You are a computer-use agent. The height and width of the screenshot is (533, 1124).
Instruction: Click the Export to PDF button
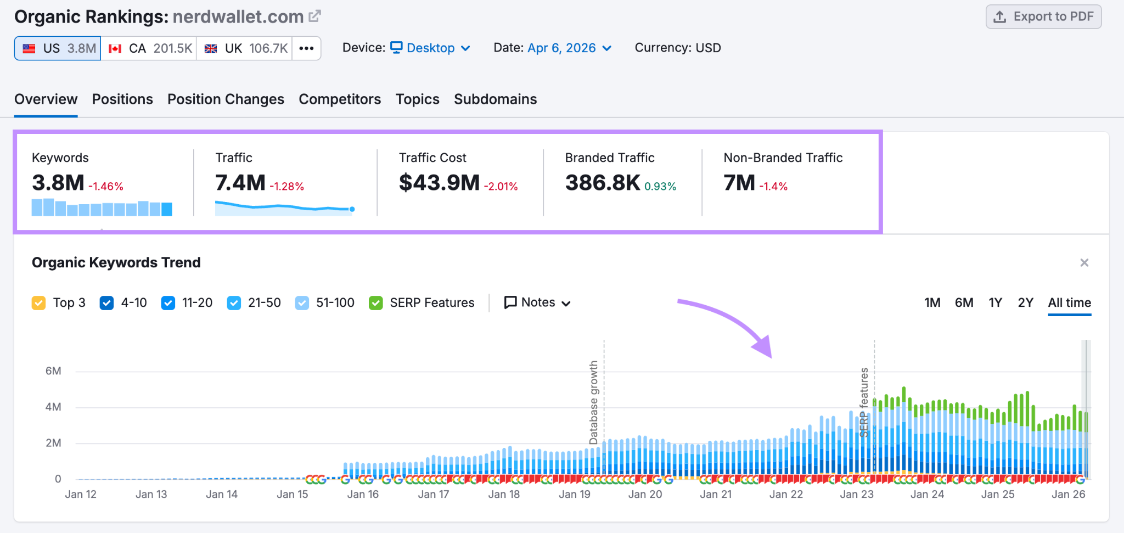1043,16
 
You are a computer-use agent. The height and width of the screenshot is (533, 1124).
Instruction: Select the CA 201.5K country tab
149,48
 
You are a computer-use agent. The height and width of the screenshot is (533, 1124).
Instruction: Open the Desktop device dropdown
430,48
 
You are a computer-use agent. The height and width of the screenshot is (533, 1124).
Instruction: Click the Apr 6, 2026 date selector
569,48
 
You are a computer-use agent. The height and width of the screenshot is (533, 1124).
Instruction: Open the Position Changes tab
226,99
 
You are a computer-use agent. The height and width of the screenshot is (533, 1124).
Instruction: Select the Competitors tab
340,99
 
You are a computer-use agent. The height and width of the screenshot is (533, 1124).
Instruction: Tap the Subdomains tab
495,99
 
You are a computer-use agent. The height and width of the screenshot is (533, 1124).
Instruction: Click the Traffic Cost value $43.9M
439,183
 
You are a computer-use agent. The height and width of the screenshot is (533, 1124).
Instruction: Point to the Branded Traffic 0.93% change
660,187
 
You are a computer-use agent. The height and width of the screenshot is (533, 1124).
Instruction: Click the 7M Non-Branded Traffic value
739,183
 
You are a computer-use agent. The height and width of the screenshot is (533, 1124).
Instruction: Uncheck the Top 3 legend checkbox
39,303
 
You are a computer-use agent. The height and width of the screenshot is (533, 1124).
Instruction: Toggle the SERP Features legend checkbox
376,303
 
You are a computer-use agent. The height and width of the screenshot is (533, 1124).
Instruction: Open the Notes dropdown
537,302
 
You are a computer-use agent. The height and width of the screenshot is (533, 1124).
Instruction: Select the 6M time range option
964,302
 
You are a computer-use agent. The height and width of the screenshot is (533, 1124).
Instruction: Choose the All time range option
1069,302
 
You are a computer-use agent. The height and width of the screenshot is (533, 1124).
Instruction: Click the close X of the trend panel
1084,263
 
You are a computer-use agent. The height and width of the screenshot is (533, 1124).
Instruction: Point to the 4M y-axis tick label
53,407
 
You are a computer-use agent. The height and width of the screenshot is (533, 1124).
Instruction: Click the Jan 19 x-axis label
574,494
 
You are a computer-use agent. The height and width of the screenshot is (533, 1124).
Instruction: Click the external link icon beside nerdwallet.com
314,16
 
